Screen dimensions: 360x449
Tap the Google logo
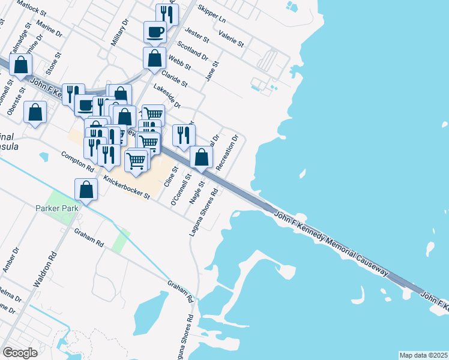click(20, 352)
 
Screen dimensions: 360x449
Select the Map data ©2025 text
click(423, 355)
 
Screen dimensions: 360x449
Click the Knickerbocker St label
click(126, 188)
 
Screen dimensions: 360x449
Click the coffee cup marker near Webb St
click(155, 31)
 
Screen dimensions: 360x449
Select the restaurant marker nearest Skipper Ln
click(167, 14)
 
